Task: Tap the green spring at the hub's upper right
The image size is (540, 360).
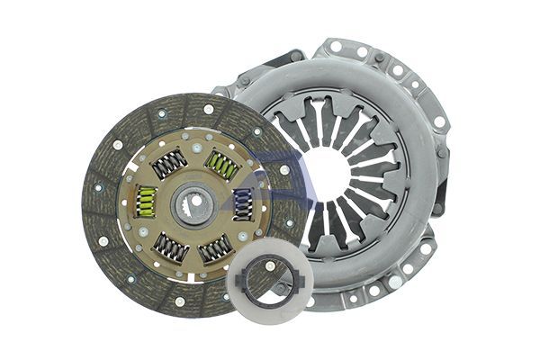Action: (x=221, y=164)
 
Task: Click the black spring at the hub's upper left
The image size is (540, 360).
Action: (x=168, y=163)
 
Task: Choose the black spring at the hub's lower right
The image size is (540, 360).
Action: (x=216, y=247)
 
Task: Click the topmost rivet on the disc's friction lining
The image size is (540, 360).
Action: (x=208, y=109)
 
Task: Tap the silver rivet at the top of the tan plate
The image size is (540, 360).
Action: (x=193, y=135)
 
